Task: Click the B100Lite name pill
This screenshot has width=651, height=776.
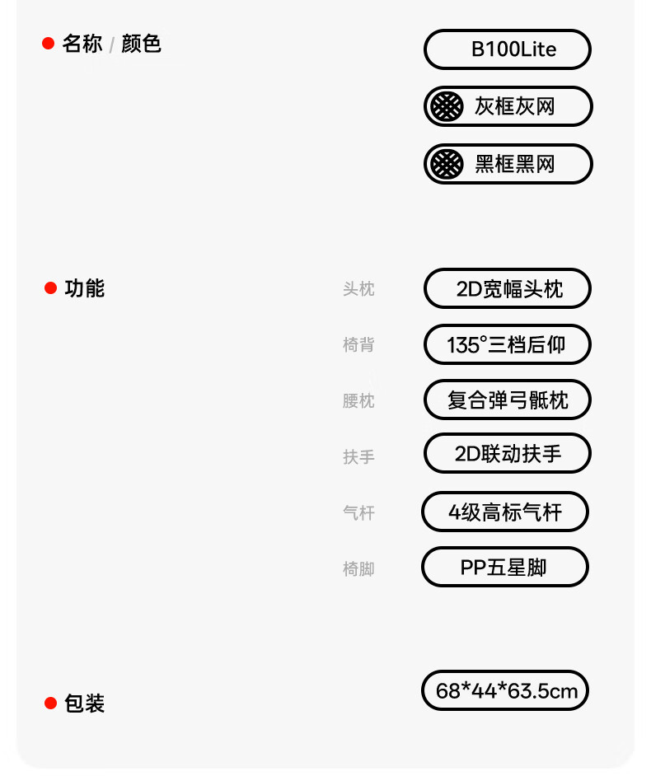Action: coord(508,49)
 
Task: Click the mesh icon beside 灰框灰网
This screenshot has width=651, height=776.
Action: coord(447,106)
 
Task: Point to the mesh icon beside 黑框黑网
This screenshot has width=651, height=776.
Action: coord(447,164)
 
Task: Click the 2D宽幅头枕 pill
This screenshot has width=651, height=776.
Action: coord(508,289)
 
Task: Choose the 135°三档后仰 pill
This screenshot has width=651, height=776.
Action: coord(508,344)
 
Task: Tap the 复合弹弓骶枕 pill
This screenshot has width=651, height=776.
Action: coord(508,400)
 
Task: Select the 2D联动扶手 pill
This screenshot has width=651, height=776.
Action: coord(508,454)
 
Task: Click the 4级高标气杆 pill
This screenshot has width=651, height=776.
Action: coord(505,512)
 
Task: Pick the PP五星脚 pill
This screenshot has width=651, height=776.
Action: coord(505,568)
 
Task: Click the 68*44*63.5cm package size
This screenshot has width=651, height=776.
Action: coord(505,690)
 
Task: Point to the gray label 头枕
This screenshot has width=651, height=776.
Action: coord(358,289)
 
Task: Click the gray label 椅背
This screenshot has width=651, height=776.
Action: coord(358,345)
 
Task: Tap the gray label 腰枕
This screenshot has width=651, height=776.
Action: coord(358,401)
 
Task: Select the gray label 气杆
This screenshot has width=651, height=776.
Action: coord(358,513)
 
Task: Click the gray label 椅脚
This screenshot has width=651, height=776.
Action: coord(358,568)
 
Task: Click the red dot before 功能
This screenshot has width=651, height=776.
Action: coord(50,288)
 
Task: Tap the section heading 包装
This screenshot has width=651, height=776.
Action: coord(85,704)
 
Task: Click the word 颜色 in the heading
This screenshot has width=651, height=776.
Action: coord(141,44)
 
